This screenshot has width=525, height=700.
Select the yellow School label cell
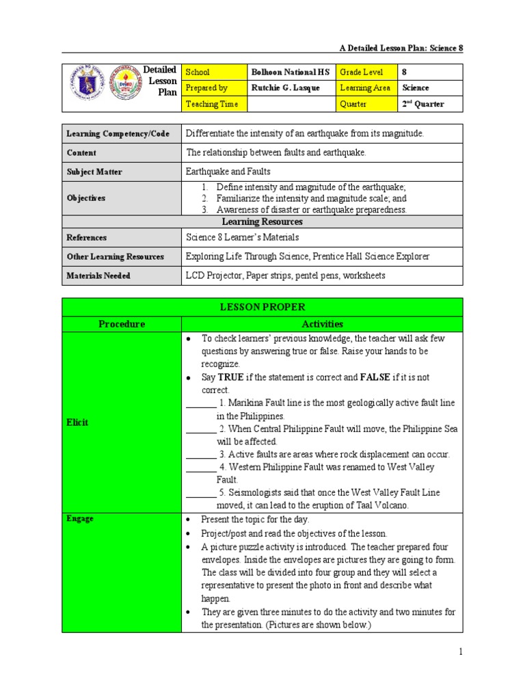click(213, 72)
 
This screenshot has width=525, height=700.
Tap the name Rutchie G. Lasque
click(285, 88)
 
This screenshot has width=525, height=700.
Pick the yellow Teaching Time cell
click(213, 104)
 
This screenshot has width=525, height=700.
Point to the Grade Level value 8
click(405, 72)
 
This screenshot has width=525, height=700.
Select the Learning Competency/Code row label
click(118, 134)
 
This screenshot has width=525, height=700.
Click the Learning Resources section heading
click(262, 222)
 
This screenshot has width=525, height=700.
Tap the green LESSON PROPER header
click(262, 307)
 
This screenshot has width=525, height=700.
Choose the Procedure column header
click(122, 324)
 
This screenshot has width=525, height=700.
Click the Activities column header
click(321, 324)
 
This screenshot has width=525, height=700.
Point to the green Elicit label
click(77, 422)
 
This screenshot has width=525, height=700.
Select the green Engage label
click(80, 519)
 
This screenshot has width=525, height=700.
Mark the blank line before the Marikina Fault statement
click(201, 403)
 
